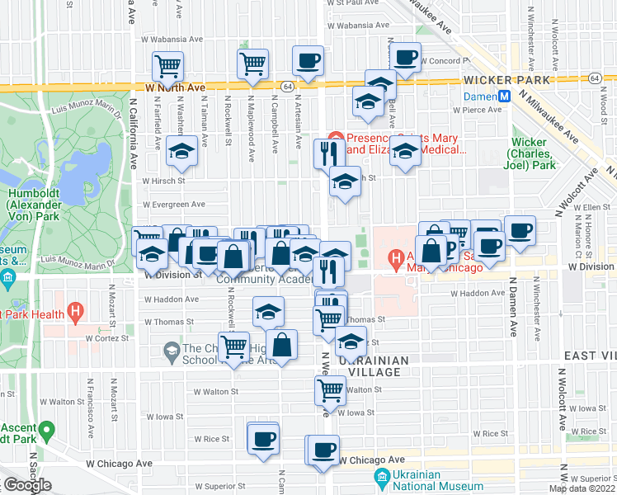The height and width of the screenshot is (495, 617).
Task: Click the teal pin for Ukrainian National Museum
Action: [x=382, y=477]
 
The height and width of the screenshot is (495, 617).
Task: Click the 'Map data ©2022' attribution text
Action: [x=582, y=488]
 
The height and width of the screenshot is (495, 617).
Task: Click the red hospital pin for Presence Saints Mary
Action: [x=335, y=138]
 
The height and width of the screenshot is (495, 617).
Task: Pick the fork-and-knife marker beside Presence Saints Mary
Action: [x=328, y=153]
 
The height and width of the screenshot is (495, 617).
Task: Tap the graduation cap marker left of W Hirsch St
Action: [x=181, y=153]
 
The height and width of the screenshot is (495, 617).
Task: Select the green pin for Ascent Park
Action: [x=47, y=429]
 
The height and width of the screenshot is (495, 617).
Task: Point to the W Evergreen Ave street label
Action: [x=173, y=205]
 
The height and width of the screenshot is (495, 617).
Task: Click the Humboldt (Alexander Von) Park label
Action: [x=31, y=200]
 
